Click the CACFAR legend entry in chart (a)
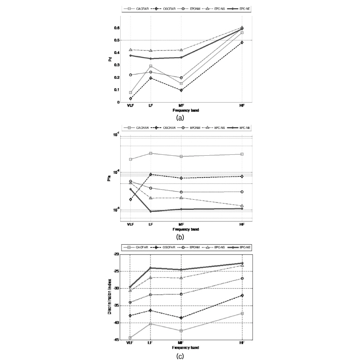(x=137, y=9)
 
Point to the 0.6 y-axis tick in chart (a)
(x=117, y=28)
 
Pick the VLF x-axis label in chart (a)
(x=130, y=106)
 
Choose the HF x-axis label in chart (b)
(x=242, y=224)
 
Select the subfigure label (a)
(x=181, y=117)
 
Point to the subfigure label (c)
(x=181, y=355)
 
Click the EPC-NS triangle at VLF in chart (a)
(x=130, y=49)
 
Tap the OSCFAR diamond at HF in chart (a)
(x=242, y=42)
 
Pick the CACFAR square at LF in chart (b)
(x=150, y=153)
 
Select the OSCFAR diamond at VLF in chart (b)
(x=130, y=199)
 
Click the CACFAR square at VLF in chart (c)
(x=130, y=338)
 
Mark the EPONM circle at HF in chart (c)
(x=242, y=278)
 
